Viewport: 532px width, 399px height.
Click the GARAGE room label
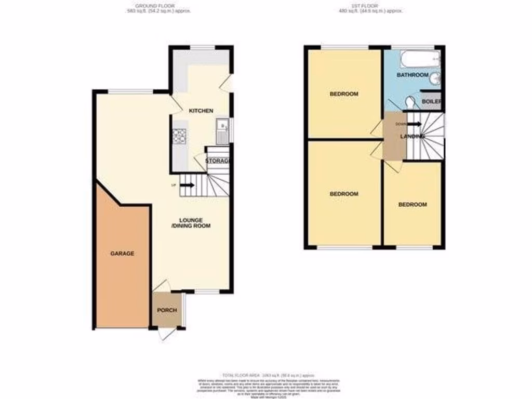coord(122,254)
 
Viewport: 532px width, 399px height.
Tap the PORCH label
coord(167,311)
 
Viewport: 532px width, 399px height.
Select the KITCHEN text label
coord(201,111)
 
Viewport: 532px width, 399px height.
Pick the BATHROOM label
coord(413,75)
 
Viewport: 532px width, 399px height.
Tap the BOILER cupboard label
coord(432,101)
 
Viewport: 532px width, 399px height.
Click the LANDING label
coord(413,136)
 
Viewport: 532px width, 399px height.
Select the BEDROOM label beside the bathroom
coord(344,94)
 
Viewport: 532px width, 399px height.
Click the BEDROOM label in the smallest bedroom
coord(413,205)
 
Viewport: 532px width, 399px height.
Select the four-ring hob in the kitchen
coord(180,136)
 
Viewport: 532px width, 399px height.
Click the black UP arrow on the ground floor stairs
coord(187,185)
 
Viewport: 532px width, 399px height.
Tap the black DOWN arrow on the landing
coord(415,124)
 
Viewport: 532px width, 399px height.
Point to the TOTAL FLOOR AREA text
coord(268,375)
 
